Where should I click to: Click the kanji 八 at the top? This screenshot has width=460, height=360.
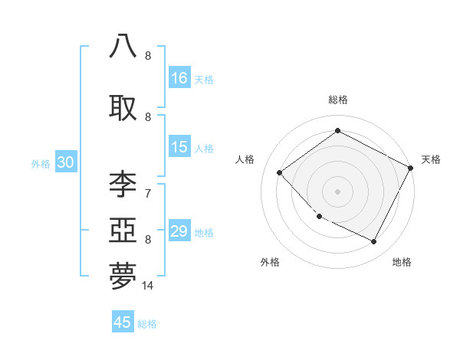pos(123,46)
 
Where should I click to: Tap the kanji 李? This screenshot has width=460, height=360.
pos(123,185)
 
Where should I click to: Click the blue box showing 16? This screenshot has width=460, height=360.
pos(179,77)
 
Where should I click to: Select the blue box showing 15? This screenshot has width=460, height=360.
pos(179,147)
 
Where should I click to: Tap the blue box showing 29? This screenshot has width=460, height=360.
pos(179,231)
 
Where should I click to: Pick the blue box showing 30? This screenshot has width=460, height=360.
pos(65,162)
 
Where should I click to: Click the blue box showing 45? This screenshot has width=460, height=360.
pos(123,322)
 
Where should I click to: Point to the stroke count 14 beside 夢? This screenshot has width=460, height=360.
pos(148,286)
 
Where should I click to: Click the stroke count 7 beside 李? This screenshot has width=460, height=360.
pos(147,193)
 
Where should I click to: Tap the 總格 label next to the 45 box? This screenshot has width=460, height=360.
pos(147,324)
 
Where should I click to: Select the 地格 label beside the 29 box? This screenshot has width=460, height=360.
pos(204,233)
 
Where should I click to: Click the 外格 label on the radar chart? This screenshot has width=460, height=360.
pos(270,262)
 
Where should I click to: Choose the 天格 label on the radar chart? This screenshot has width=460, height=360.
pos(431,159)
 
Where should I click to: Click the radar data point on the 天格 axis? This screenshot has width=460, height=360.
pos(412,169)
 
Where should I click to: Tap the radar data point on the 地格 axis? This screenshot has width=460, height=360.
pos(374,242)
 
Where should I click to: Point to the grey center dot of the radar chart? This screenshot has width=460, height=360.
pos(337,191)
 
